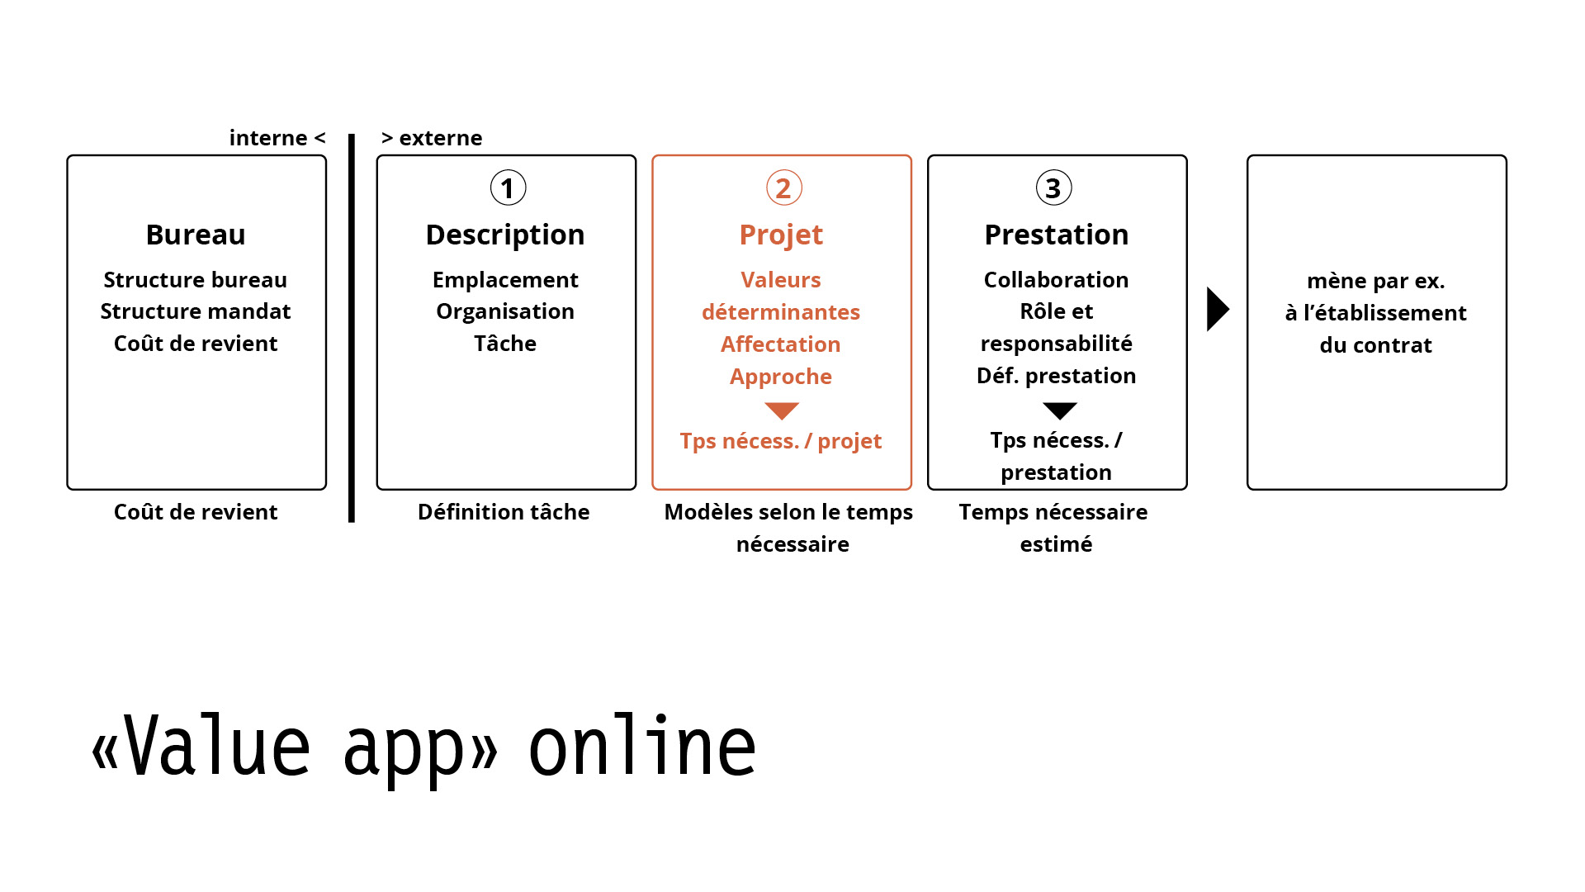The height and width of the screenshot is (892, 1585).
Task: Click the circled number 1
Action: [508, 188]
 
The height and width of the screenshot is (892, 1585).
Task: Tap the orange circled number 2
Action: [783, 188]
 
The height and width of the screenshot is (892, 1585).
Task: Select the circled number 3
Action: [1053, 188]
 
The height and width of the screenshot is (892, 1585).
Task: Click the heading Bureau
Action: [196, 235]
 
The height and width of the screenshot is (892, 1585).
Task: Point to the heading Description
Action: [505, 235]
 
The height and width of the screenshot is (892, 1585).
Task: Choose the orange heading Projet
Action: [781, 235]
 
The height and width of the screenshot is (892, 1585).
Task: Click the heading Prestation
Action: [1057, 235]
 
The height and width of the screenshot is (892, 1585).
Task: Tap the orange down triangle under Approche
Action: [782, 410]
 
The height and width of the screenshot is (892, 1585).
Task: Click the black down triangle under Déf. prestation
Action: [1060, 410]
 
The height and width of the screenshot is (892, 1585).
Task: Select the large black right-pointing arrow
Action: [1218, 309]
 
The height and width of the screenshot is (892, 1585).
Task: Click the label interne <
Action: [277, 138]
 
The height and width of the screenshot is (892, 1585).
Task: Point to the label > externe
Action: [432, 138]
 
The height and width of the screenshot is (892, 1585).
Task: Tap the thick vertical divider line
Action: [352, 328]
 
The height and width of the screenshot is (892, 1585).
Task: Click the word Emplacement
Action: [505, 280]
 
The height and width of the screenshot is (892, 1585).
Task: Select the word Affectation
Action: [781, 344]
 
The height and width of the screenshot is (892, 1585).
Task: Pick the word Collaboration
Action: [1057, 280]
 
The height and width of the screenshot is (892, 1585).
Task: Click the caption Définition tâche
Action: [504, 512]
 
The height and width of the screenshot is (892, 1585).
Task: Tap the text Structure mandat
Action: [196, 311]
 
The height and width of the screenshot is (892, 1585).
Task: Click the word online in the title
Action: [642, 746]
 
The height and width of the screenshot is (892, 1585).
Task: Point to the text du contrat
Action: [1376, 345]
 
